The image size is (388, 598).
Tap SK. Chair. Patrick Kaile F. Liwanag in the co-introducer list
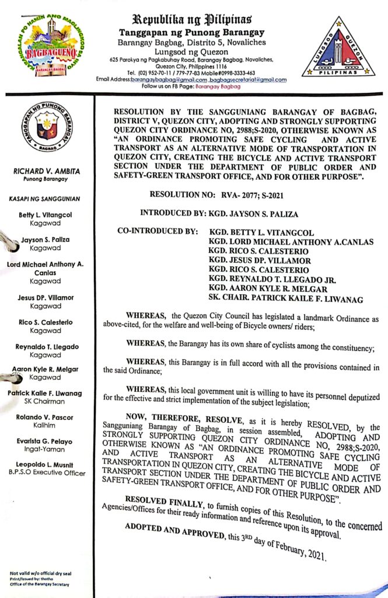coord(286,300)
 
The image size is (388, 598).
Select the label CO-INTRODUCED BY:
coord(158,231)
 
